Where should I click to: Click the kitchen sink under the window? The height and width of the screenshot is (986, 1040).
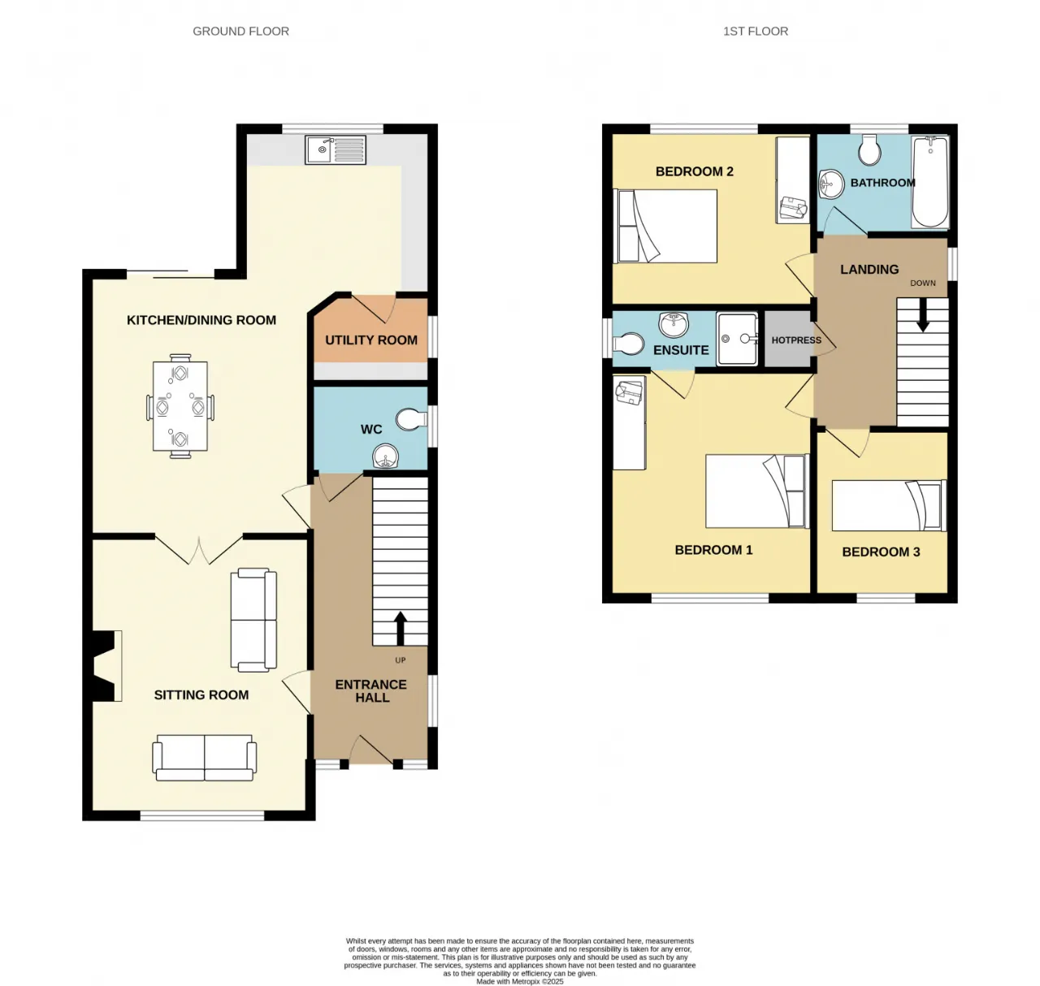coord(335,149)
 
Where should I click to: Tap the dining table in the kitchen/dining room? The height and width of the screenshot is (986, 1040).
coord(180,406)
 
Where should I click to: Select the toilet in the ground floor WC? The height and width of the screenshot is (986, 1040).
coord(412,419)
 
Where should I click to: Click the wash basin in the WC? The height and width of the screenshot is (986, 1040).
coord(386,456)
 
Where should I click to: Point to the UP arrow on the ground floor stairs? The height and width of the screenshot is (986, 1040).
coord(400,629)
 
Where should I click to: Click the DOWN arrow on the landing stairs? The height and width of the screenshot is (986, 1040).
coord(922,315)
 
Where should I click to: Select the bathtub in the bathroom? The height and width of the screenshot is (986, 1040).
coord(930,181)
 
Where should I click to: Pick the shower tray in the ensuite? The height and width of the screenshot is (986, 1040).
coord(737,339)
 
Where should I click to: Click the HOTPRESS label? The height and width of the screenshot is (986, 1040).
coord(796,340)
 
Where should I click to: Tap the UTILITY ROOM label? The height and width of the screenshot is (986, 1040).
coord(370,340)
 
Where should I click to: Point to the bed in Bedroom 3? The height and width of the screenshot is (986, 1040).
coord(889,505)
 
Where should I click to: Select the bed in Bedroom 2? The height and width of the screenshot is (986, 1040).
coord(665,226)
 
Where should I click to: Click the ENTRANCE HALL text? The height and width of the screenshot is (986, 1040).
coord(371,691)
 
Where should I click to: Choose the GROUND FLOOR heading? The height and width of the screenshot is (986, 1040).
coord(240,31)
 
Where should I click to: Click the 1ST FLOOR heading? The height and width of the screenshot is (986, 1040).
coord(756,31)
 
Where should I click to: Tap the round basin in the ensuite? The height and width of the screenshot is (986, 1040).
coord(674,324)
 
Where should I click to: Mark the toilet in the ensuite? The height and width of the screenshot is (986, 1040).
coord(628,344)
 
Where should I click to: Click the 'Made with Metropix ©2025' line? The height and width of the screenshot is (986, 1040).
coord(520,981)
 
